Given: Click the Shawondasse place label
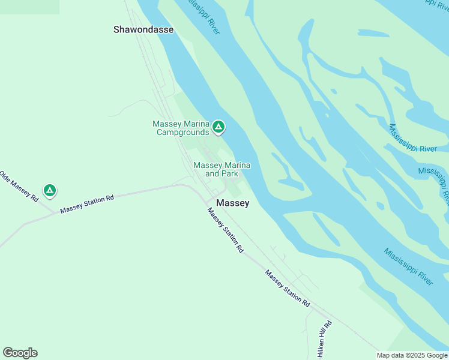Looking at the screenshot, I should pos(143,29).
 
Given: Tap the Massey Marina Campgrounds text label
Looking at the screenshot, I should pos(181,128).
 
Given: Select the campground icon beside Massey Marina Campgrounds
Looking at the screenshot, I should pos(219,127).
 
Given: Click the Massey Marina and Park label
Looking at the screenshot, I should pos(221,169).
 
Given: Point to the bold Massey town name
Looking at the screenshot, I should pos(232,203).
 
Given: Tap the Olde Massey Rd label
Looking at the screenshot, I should pos(20,185).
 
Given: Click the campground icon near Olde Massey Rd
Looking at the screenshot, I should pos(50,191).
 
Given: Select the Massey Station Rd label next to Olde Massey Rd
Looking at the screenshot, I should pos(87,204).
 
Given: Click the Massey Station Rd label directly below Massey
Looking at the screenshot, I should pos(226,230).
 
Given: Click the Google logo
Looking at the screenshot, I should pos(20,353).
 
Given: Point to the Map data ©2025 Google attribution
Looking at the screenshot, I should pos(412,355).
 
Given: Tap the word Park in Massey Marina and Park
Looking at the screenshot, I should pos(229,174).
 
